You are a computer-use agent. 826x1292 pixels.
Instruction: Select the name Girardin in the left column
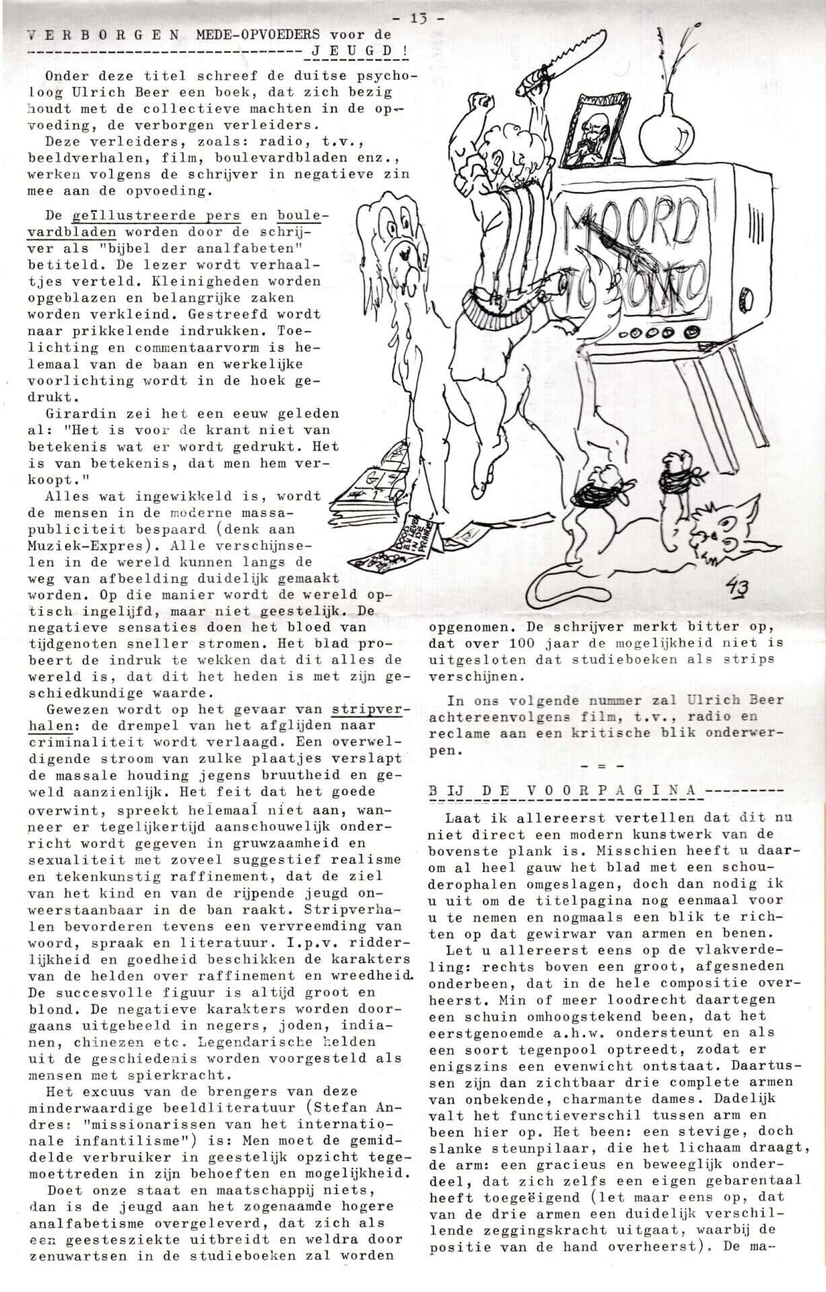(77, 413)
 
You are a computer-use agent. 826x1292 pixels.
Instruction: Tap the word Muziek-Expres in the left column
(78, 545)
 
